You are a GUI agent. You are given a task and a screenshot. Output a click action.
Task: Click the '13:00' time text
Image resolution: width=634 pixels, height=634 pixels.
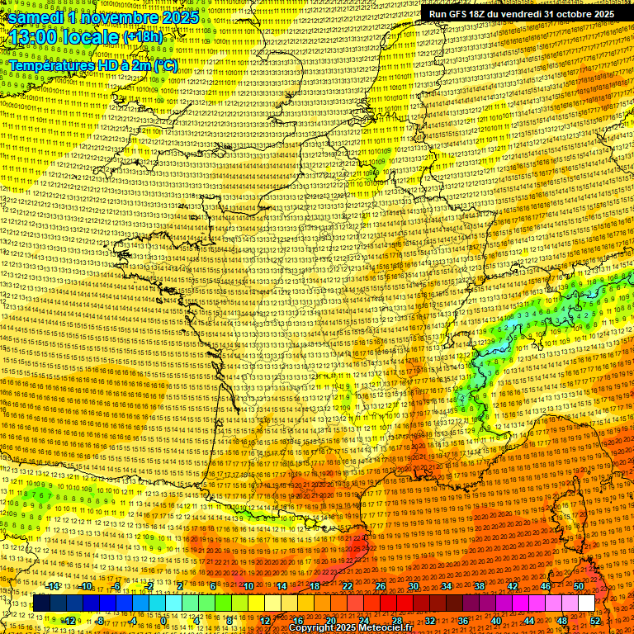coord(37,37)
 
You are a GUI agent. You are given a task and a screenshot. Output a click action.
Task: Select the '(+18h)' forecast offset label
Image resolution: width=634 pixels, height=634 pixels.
coord(144,37)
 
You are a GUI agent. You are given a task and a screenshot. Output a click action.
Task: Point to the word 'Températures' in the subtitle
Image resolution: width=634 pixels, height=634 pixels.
coord(52,65)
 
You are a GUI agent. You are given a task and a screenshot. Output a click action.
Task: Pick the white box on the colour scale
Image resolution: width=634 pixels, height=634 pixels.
coord(586,603)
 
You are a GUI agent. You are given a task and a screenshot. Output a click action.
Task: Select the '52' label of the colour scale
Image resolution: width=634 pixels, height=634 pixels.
coord(595,620)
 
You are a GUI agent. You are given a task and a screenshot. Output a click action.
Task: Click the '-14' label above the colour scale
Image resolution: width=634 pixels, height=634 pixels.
coord(54,586)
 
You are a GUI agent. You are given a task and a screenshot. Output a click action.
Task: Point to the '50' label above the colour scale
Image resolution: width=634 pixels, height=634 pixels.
coord(578,586)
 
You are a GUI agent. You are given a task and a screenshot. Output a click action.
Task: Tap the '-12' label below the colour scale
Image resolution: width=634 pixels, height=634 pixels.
coord(70,620)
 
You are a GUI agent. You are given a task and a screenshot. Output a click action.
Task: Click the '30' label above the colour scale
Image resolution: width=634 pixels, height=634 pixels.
coord(413,586)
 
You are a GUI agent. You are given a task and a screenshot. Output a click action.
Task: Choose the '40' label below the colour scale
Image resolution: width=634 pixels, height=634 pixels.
coord(496,620)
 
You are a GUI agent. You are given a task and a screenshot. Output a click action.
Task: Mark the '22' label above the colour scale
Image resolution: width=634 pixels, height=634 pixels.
coord(347,586)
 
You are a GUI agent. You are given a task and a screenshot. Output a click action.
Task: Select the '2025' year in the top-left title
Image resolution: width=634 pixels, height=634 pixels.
coord(180,17)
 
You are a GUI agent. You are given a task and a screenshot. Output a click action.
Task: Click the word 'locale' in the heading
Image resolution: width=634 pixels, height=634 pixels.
coord(92,37)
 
